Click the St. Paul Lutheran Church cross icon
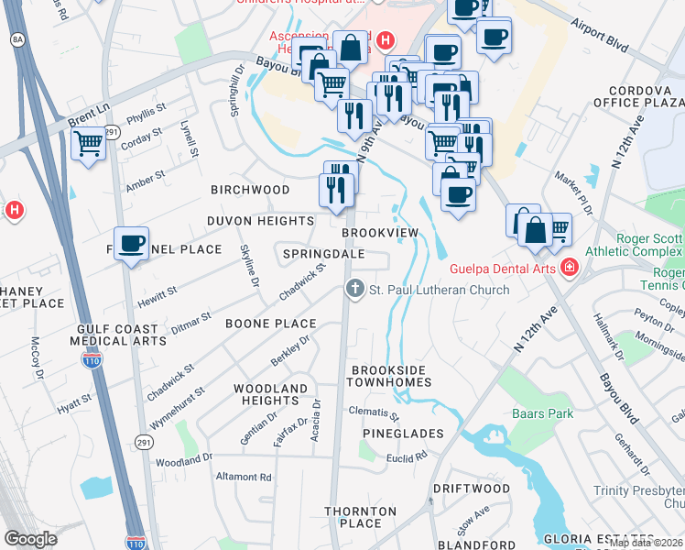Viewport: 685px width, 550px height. click(355, 290)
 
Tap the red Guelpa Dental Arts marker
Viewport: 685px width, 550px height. click(570, 268)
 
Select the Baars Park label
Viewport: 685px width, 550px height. click(543, 413)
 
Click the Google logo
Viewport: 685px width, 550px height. click(31, 538)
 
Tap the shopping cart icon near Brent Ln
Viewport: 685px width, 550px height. click(89, 144)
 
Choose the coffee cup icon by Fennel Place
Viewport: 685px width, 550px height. click(132, 244)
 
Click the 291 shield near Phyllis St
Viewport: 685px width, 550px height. click(112, 133)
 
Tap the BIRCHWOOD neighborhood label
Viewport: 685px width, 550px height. click(250, 190)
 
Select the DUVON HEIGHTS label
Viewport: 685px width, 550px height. click(260, 221)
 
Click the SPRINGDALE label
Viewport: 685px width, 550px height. click(324, 253)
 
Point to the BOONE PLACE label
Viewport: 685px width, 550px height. click(271, 324)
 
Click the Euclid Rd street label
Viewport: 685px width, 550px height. click(408, 456)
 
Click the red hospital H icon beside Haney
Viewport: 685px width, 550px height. click(13, 211)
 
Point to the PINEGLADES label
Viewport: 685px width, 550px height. click(403, 433)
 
